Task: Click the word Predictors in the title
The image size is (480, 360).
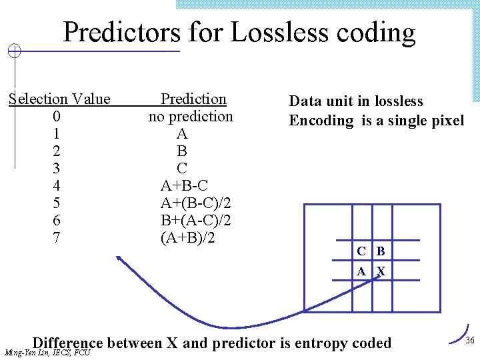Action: [121, 32]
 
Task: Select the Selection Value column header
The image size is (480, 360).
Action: [59, 99]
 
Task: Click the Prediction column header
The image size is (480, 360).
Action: [194, 99]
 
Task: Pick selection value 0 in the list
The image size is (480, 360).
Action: [57, 117]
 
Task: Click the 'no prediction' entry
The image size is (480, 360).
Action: [191, 117]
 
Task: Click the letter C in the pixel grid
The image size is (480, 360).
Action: [361, 251]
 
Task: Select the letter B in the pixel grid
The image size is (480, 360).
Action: [381, 251]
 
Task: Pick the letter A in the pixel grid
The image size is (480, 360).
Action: [361, 271]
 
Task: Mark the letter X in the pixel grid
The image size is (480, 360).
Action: [381, 271]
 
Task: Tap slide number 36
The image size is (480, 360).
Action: [469, 340]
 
